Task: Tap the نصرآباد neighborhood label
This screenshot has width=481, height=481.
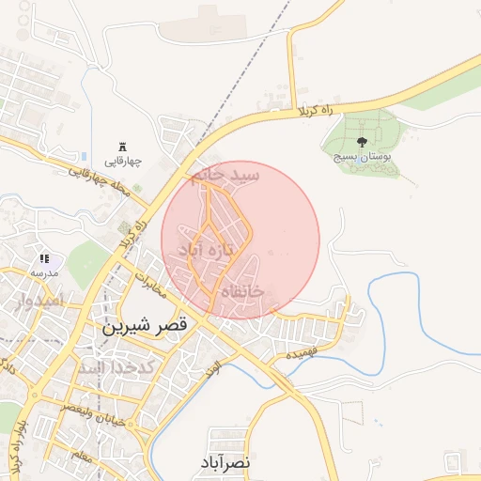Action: click(225, 462)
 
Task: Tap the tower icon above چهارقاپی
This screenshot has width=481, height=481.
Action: click(122, 146)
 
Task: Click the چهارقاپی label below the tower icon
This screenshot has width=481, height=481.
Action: click(122, 162)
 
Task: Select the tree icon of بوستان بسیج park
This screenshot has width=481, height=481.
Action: click(363, 142)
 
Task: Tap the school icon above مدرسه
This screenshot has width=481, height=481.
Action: click(43, 258)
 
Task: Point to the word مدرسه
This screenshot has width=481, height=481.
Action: click(43, 272)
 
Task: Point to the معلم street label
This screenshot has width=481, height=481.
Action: click(82, 455)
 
